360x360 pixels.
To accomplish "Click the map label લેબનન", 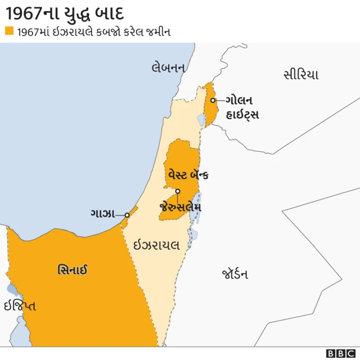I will coord(168,67).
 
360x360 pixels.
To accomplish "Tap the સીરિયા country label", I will coord(301,75).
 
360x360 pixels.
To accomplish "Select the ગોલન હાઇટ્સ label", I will coord(242,107).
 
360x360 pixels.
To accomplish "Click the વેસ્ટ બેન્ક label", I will coord(188,175).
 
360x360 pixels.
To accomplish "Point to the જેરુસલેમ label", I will coord(181,206).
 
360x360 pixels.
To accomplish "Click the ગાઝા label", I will coord(102,214).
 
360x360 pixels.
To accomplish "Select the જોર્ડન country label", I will coord(235,274).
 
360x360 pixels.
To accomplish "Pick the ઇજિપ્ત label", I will coord(20,306).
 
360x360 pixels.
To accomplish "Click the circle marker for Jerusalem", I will coord(178,191).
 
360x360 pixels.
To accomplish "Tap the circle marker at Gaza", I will coord(127,215).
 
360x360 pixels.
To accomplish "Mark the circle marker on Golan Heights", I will coord(213,101).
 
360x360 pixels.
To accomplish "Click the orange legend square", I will coord(8,31).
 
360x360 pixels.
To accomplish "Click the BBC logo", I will coord(341,353).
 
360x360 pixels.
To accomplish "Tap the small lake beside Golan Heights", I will coord(201,120).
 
